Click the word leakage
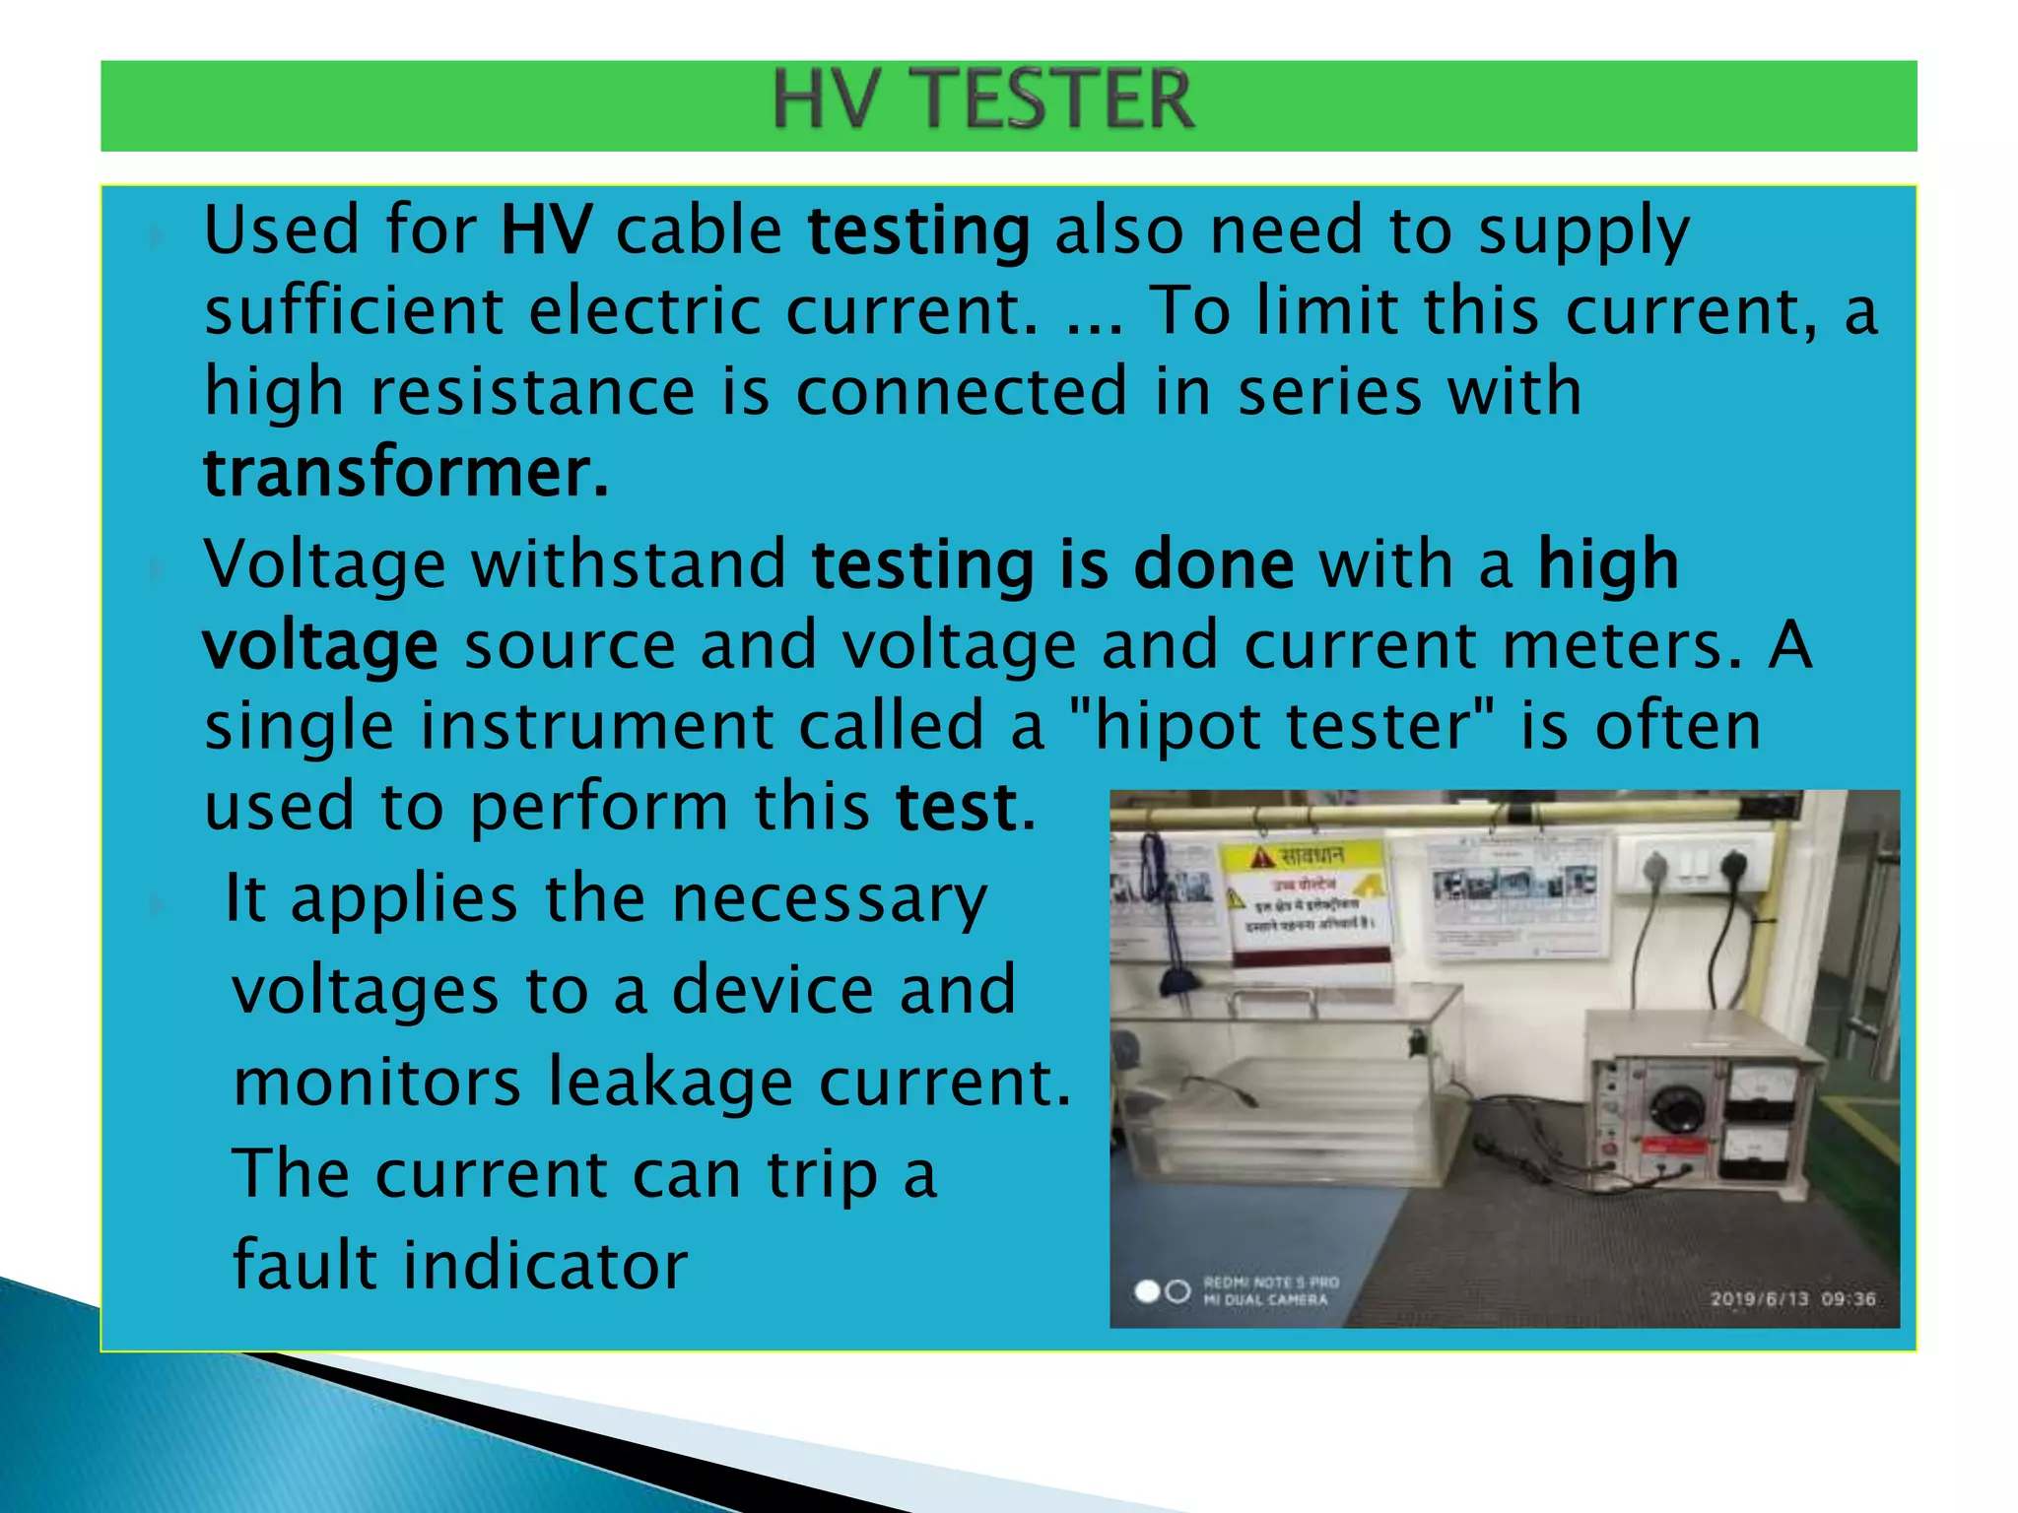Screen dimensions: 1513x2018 (670, 1083)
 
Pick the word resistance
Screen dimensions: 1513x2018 (533, 391)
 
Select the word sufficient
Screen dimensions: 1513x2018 (354, 311)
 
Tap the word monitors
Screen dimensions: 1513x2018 (376, 1083)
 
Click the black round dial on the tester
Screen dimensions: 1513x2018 (1676, 1107)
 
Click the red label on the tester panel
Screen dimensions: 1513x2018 (1671, 1147)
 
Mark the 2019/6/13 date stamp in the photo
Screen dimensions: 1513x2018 (1759, 1299)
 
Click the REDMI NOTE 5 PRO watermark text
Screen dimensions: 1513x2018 (1271, 1283)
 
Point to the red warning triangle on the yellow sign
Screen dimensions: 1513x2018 (1261, 857)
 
